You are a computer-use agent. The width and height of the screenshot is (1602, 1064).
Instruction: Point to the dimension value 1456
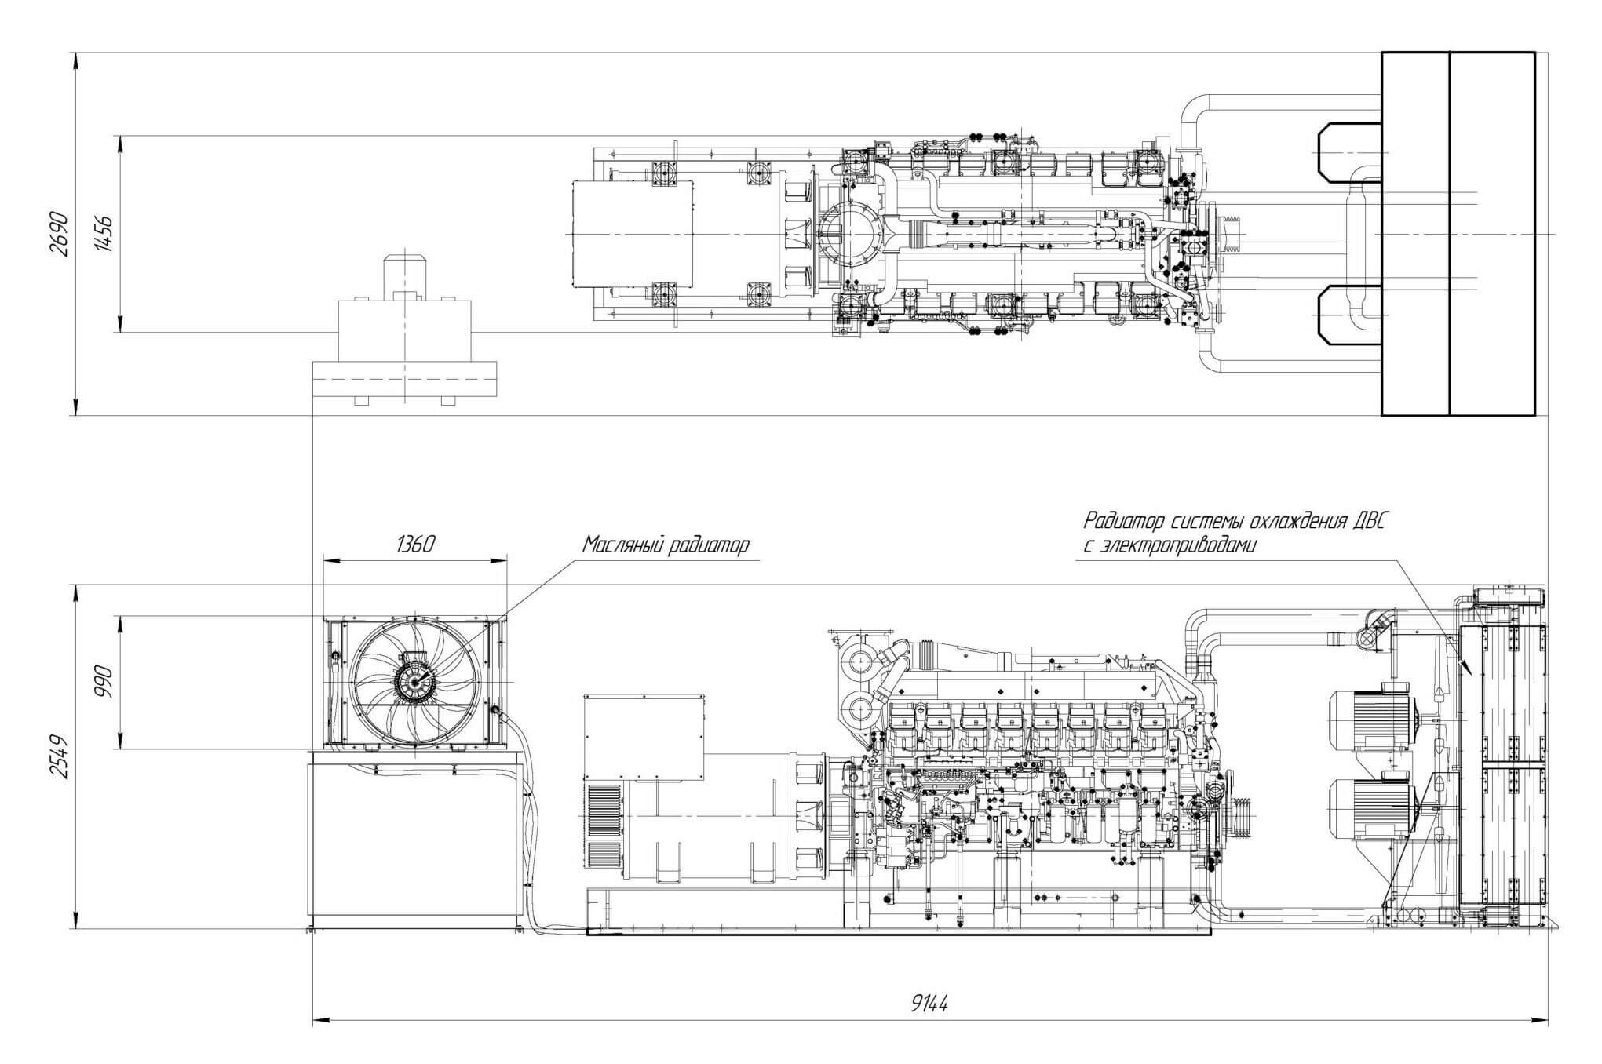pyautogui.click(x=104, y=234)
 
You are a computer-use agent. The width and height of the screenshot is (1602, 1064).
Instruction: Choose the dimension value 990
pyautogui.click(x=104, y=682)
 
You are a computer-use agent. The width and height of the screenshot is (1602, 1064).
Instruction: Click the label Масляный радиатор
pyautogui.click(x=666, y=545)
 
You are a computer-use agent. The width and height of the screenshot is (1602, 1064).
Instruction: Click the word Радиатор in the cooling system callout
pyautogui.click(x=1128, y=521)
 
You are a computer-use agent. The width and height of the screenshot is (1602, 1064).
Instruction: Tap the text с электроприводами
pyautogui.click(x=1170, y=546)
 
